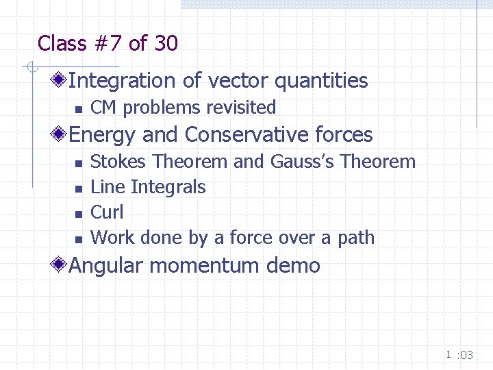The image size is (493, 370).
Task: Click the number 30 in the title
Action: point(166,44)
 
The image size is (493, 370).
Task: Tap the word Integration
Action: point(123,81)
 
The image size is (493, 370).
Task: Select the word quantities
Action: point(321,81)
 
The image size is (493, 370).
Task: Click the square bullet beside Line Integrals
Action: point(77,188)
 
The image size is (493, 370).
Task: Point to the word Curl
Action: point(107,212)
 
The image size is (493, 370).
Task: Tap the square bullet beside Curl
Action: point(77,213)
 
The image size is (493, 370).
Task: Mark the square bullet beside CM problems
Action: point(77,108)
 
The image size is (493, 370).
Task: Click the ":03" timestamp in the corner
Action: point(465,355)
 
